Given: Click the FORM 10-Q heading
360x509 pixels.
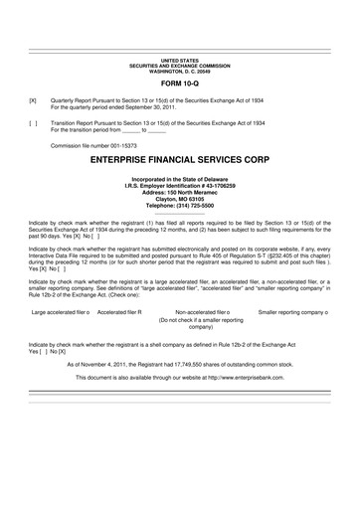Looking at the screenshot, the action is pyautogui.click(x=180, y=86).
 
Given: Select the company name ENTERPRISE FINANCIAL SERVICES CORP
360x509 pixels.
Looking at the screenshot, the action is pyautogui.click(x=180, y=158).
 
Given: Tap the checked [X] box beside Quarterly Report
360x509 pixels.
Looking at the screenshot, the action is pyautogui.click(x=33, y=101).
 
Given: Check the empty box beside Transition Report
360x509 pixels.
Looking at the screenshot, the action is pyautogui.click(x=33, y=122).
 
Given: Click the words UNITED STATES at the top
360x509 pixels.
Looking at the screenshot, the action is pyautogui.click(x=180, y=62).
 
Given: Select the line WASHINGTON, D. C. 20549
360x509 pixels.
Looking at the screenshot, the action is pyautogui.click(x=180, y=73).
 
